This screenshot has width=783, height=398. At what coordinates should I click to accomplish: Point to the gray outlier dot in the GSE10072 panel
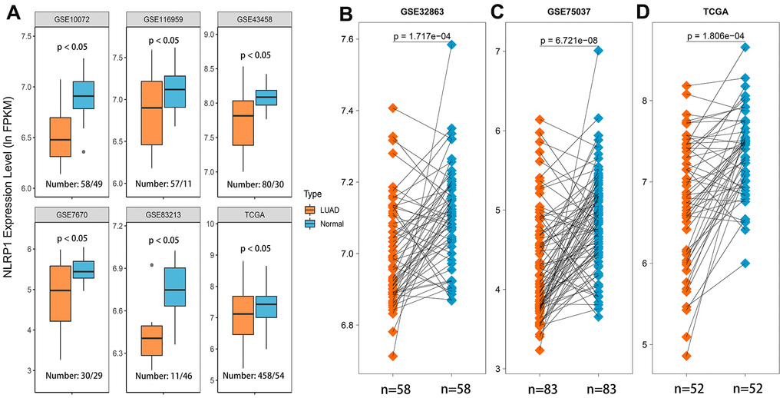84,151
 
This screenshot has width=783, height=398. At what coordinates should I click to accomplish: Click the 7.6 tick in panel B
362,40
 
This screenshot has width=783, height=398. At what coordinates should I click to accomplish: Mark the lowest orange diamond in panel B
393,356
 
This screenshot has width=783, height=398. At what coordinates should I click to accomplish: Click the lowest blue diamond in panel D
745,263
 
